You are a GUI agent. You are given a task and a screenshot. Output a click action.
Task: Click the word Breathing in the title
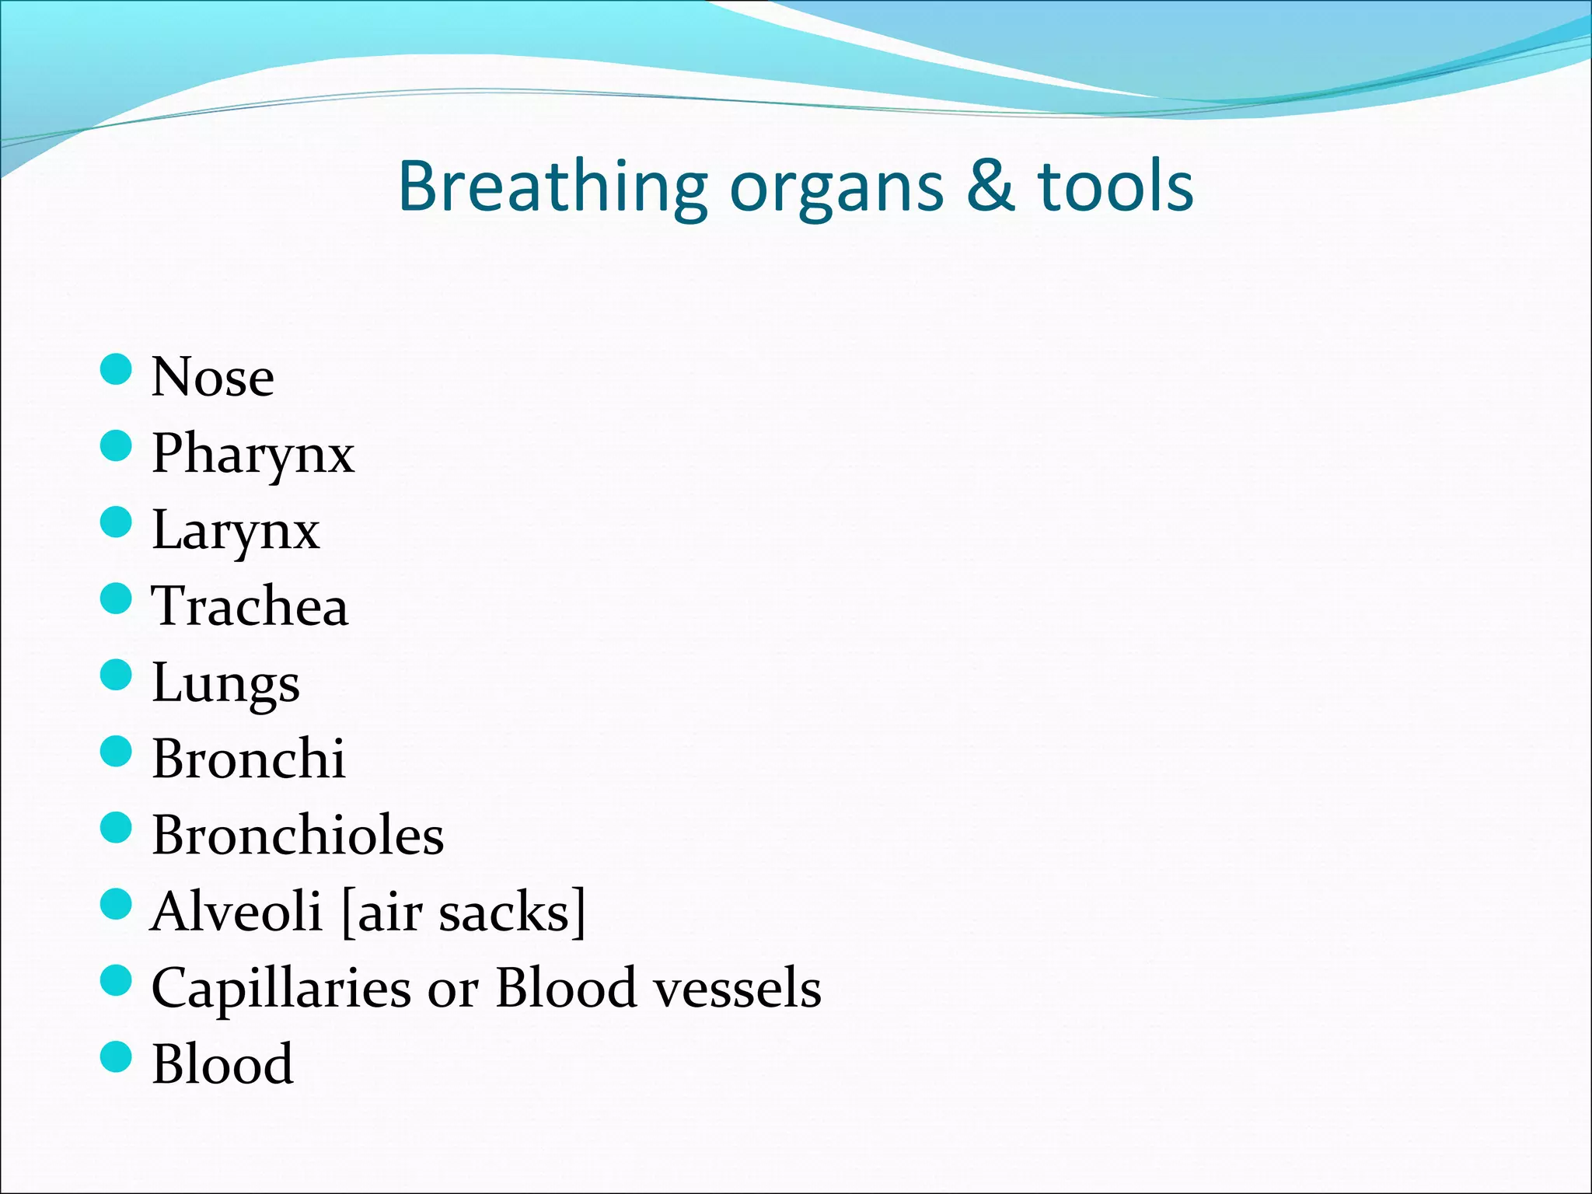coord(552,187)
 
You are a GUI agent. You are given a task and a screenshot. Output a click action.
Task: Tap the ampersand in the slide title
coord(990,187)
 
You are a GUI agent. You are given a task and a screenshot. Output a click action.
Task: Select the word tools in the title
coord(1115,187)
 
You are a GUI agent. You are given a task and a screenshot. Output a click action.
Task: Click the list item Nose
coord(212,377)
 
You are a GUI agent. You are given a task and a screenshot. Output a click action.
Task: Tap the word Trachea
coord(250,606)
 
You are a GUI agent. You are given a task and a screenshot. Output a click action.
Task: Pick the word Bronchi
coord(249,759)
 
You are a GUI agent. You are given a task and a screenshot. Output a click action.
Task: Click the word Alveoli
coord(236,911)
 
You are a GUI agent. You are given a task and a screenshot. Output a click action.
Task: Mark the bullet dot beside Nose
coord(117,369)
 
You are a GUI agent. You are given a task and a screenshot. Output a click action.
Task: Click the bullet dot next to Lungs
coord(117,675)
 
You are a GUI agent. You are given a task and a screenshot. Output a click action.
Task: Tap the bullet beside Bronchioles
coord(117,828)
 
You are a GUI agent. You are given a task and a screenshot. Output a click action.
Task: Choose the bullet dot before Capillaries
coord(117,980)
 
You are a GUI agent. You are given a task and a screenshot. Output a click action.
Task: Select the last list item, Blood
coord(222,1064)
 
